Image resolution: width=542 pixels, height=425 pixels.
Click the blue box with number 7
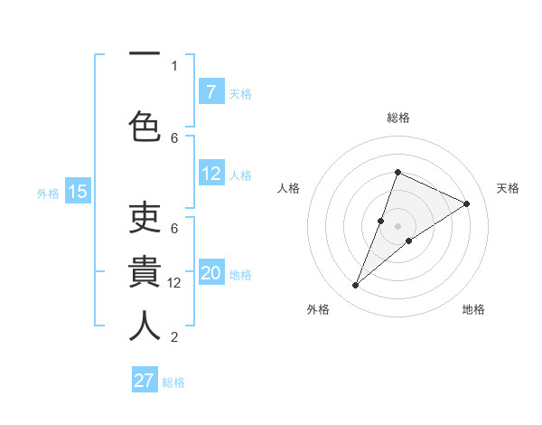coord(211,92)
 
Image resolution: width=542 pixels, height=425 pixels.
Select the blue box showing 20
coord(211,273)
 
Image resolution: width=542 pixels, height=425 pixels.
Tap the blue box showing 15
coord(78,192)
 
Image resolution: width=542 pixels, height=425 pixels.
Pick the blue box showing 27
coord(145,381)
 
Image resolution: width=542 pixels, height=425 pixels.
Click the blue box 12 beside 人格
coord(211,174)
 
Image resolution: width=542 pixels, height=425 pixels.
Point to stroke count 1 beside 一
coord(174,65)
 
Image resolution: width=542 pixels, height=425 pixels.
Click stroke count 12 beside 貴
coord(175,283)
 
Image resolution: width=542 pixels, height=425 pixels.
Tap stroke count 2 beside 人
coord(174,337)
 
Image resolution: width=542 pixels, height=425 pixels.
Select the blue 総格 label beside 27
coord(173,382)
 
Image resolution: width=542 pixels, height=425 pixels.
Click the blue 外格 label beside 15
coord(48,193)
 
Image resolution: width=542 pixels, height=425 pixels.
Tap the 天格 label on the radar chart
coord(508,188)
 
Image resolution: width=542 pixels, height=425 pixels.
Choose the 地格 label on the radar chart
coord(473,310)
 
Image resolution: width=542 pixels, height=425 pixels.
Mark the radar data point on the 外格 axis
coord(356,286)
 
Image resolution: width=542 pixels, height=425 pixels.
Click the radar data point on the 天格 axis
coord(467,203)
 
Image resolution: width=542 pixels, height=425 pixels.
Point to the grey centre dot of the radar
coord(398,226)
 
